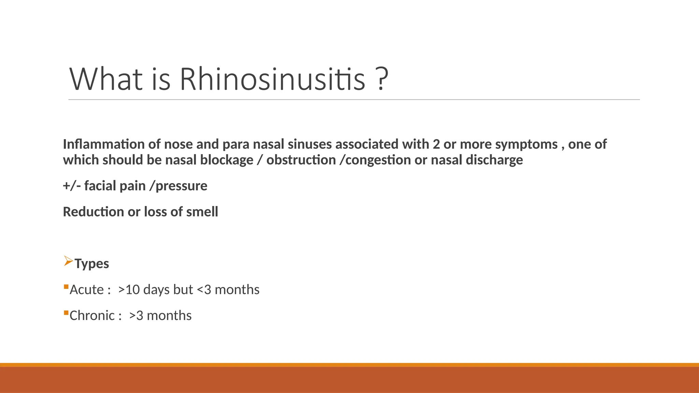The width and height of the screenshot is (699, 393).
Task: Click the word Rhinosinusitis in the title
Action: click(272, 79)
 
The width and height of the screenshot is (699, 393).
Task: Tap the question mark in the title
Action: click(383, 79)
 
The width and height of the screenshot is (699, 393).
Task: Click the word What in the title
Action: click(106, 79)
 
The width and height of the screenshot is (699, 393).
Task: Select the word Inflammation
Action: click(104, 144)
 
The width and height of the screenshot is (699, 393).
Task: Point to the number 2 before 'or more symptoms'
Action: click(436, 144)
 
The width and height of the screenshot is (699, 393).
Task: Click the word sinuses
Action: click(310, 144)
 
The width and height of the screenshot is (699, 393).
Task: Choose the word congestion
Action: click(378, 160)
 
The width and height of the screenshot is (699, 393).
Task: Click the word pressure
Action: click(181, 186)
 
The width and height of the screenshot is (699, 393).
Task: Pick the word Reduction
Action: click(94, 212)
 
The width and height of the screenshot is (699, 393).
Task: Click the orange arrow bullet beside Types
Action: click(68, 261)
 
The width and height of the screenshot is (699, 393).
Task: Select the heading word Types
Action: click(92, 264)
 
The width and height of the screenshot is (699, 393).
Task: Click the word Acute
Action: click(86, 290)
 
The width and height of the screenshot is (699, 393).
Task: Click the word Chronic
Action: click(92, 316)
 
